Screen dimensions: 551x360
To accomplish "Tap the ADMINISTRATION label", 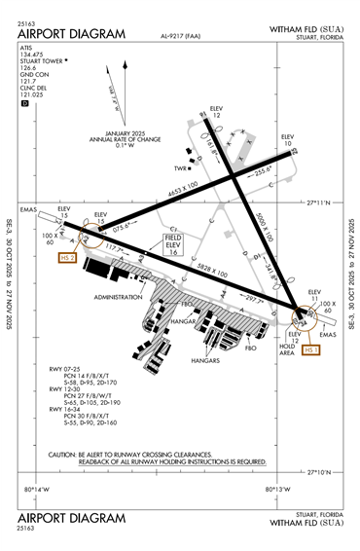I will pos(120,295).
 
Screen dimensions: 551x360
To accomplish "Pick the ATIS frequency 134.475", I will pos(32,55).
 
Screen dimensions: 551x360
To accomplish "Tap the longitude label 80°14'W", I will pos(50,489).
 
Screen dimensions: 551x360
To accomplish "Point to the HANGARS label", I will pos(206,360).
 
